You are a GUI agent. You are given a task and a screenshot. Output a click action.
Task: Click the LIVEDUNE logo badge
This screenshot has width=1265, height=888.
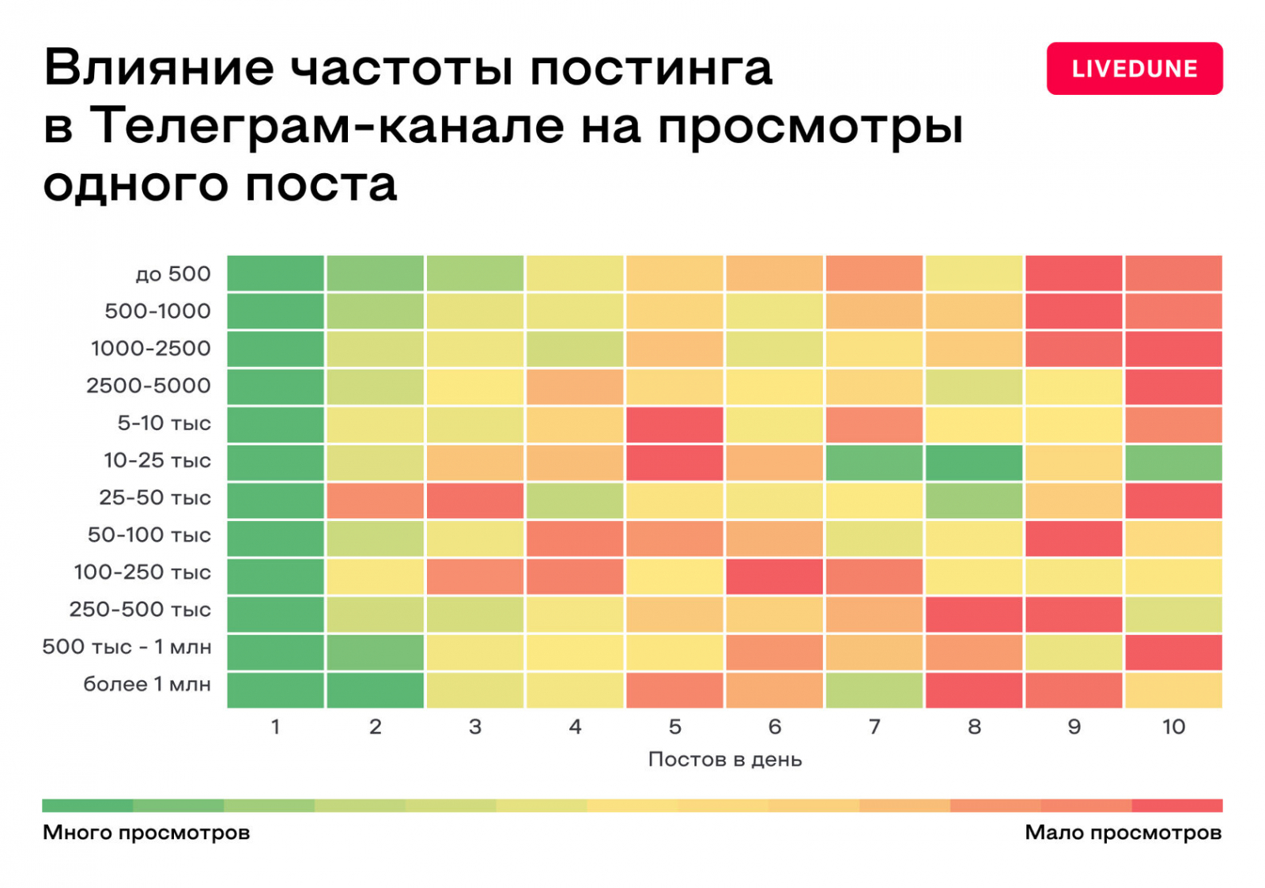(1134, 69)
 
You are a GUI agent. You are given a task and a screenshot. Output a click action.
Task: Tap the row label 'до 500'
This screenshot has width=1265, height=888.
(172, 274)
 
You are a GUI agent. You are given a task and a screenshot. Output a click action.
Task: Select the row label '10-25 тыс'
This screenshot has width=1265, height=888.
(157, 461)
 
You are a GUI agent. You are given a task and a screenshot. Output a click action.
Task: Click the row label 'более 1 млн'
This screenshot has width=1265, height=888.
(147, 684)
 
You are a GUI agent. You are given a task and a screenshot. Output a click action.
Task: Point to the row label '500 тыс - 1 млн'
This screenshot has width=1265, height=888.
(126, 647)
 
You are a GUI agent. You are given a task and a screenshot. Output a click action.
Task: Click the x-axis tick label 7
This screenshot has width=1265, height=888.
(874, 727)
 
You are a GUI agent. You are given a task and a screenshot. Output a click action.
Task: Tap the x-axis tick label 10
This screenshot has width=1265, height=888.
(1173, 727)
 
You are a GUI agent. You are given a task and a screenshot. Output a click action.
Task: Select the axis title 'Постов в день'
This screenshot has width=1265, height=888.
(724, 760)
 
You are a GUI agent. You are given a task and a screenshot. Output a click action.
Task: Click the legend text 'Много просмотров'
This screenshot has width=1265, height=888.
(146, 833)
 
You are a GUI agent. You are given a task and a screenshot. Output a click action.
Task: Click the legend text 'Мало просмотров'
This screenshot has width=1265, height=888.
(1123, 833)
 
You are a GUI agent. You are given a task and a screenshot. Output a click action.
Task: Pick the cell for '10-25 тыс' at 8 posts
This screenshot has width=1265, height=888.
(973, 463)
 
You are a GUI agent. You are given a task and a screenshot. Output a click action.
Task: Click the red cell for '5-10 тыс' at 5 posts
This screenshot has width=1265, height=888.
(674, 425)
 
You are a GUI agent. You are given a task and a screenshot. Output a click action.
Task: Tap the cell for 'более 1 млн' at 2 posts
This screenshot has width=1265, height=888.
(375, 690)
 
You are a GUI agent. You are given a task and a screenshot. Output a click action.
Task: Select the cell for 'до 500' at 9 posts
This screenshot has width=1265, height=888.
(1073, 273)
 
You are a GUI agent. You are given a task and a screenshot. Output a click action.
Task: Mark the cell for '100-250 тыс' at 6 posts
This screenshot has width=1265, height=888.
(774, 576)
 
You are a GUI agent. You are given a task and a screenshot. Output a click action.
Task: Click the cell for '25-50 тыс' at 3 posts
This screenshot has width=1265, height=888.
(474, 501)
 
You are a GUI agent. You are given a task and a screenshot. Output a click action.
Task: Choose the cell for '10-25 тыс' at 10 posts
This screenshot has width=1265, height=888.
(1173, 463)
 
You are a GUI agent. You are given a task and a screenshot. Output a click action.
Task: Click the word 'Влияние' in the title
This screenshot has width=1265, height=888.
(159, 68)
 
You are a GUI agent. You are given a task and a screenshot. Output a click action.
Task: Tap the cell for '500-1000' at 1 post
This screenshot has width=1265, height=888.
(275, 311)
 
